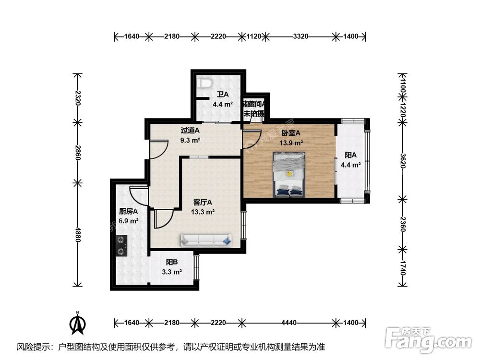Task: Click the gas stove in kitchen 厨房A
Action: (x=121, y=245)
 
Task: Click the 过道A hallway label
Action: (x=190, y=131)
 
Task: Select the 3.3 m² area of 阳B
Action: (x=172, y=272)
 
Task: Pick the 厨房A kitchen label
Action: (x=129, y=211)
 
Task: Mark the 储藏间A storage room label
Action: (x=254, y=103)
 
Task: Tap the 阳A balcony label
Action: (x=351, y=155)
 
